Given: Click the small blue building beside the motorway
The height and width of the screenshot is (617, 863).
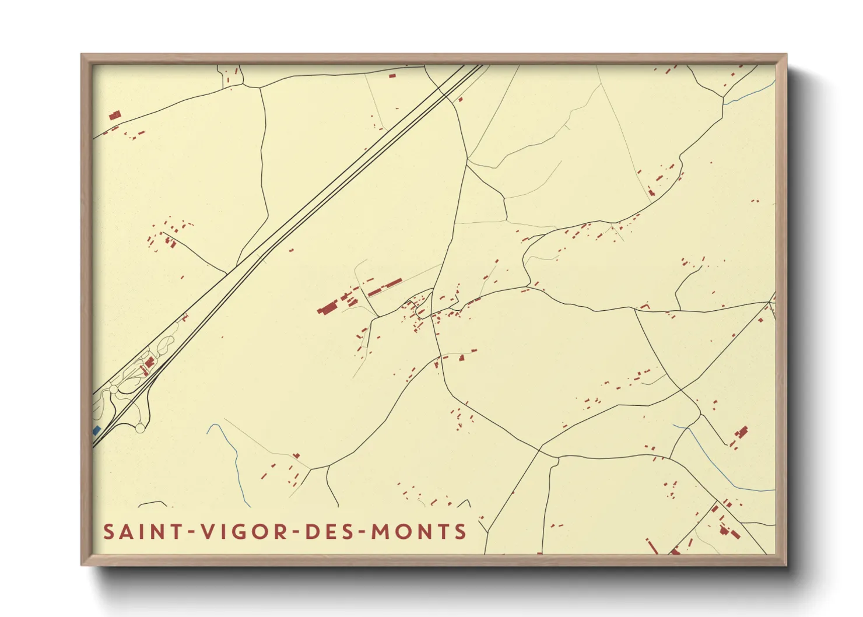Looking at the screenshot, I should pyautogui.click(x=97, y=430).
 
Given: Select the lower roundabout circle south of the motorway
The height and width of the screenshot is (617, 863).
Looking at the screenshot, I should pyautogui.click(x=140, y=429).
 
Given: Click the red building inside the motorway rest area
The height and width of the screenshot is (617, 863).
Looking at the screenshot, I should pyautogui.click(x=149, y=363).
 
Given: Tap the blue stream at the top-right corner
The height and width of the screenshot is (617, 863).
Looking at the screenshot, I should pyautogui.click(x=749, y=93).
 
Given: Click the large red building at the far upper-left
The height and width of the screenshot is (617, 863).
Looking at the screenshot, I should pyautogui.click(x=115, y=115).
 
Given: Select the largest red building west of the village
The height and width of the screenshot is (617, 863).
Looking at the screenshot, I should pyautogui.click(x=328, y=308).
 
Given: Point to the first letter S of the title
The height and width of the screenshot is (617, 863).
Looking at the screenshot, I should pyautogui.click(x=108, y=532).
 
